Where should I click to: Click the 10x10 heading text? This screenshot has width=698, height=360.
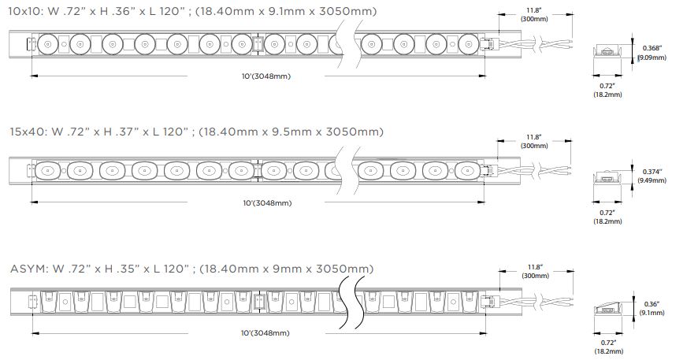coord(193,11)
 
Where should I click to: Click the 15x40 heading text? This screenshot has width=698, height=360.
coord(196,132)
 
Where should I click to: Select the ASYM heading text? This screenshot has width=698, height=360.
coord(192,269)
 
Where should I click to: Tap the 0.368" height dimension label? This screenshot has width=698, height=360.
coord(653,53)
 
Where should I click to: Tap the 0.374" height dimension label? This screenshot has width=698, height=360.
coord(652,176)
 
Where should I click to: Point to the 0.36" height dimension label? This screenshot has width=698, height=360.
coord(652,308)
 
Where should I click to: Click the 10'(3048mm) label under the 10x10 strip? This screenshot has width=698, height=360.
coord(265,76)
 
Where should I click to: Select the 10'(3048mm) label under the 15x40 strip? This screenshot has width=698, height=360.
coord(267,203)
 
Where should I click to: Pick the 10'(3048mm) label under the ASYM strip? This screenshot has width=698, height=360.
coord(265,333)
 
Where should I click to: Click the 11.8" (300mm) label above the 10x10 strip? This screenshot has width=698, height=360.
coord(534,15)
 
